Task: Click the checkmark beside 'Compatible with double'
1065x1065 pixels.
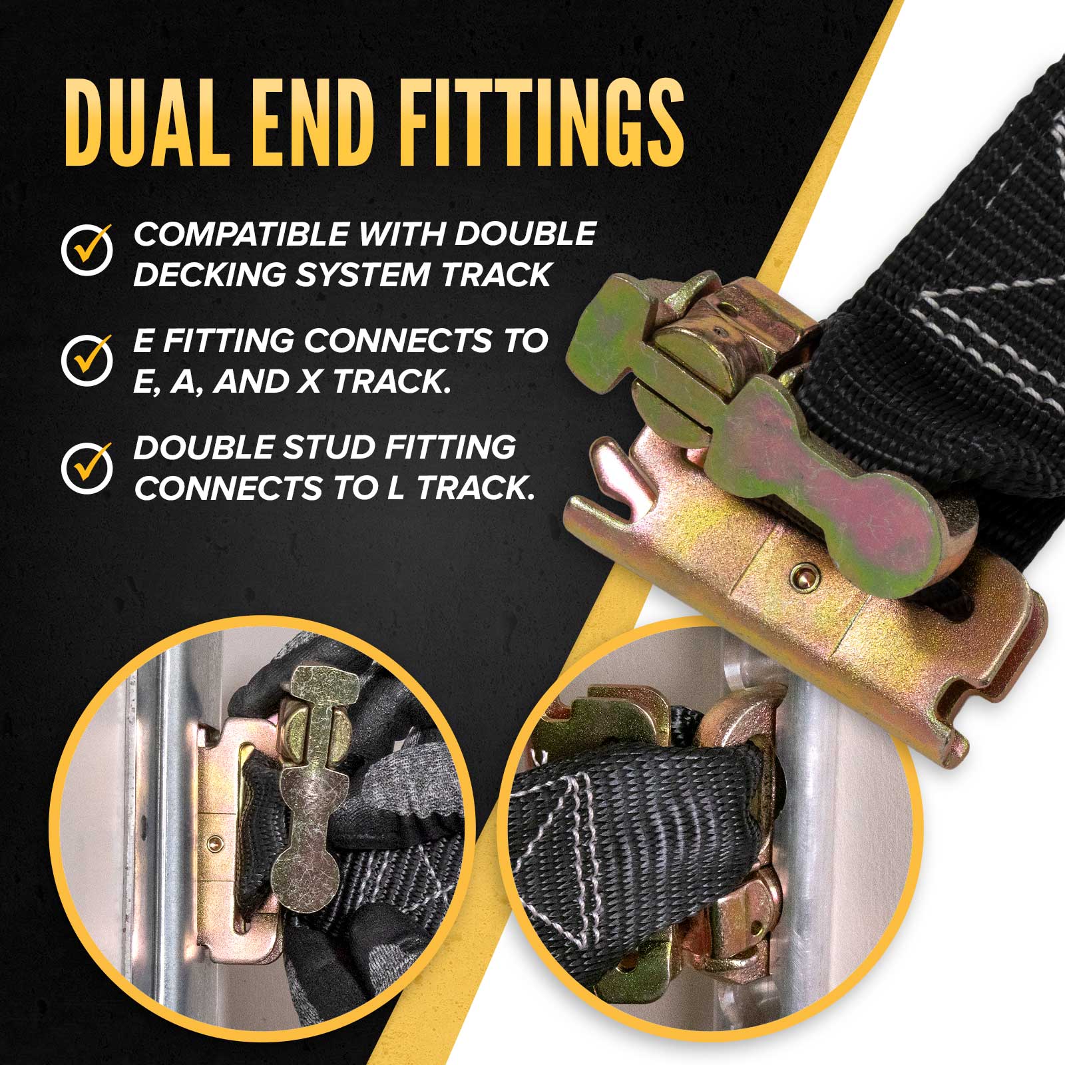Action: [87, 249]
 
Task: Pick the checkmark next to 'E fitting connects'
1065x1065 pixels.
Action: [87, 359]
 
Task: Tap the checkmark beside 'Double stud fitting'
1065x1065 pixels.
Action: [87, 466]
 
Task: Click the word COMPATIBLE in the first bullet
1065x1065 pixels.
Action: [242, 234]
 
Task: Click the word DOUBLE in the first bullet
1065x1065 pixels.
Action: [526, 234]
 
